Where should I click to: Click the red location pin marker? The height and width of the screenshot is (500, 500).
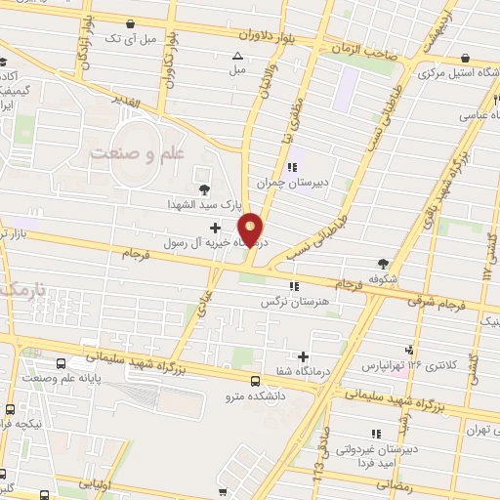251,229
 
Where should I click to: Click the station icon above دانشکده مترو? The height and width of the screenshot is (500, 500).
255,381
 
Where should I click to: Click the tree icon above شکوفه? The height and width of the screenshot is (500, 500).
383,263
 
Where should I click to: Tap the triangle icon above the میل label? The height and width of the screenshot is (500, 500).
237,55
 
